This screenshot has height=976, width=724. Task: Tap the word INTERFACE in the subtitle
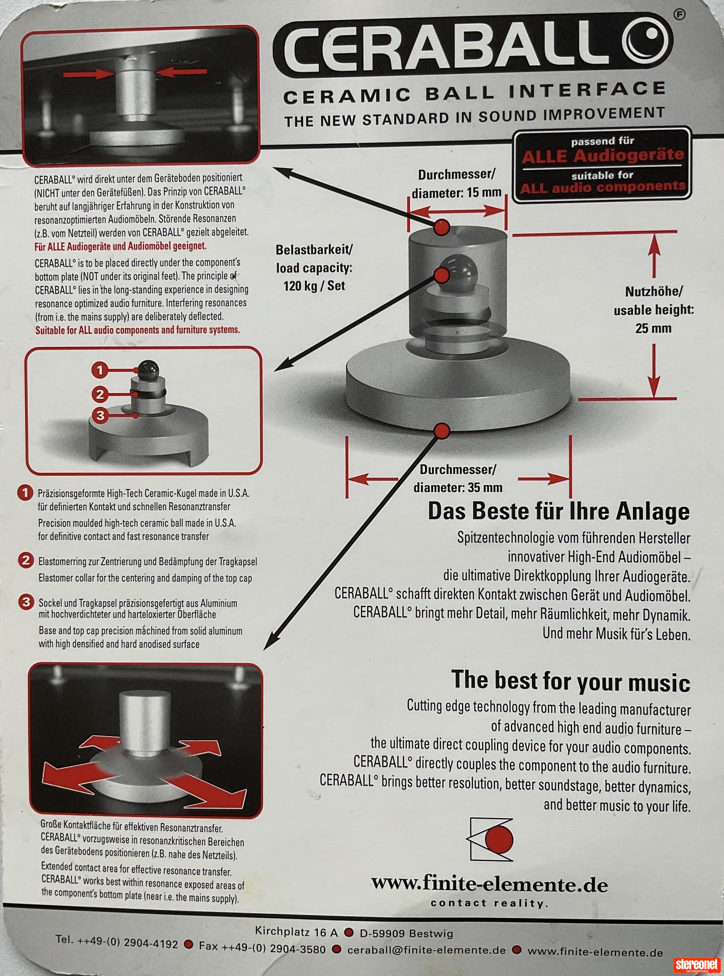point(587,90)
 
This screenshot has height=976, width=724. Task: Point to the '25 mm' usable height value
point(653,328)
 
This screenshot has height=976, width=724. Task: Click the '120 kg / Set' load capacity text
point(314,286)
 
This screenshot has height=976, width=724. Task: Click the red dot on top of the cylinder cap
point(442,227)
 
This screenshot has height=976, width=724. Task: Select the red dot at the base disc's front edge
point(442,430)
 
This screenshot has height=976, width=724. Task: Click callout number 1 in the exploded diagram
point(100,370)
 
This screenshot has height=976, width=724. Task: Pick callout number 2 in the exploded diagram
point(100,394)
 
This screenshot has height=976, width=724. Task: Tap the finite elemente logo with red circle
point(490,839)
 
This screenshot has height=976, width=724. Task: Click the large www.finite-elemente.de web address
point(490,885)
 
